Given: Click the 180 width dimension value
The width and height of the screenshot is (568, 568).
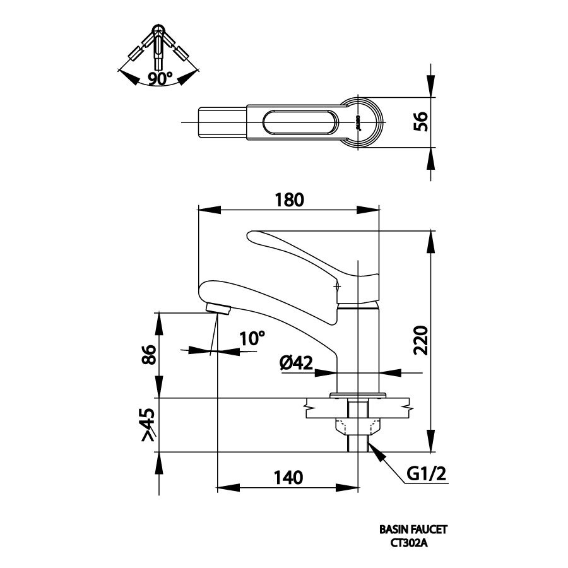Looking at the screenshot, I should tap(290, 199).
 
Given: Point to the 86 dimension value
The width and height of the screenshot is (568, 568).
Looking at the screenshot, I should tap(148, 355).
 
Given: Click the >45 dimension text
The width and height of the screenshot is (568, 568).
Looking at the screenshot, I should tap(148, 425).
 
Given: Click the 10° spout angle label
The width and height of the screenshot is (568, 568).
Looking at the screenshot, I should tap(252, 339).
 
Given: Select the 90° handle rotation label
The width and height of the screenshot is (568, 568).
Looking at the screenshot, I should tap(161, 79).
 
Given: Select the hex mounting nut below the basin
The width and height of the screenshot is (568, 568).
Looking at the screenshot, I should tap(358, 425).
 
